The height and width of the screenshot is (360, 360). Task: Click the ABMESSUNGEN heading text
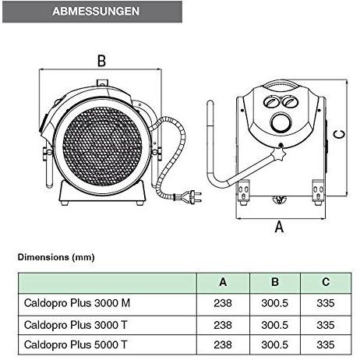96,11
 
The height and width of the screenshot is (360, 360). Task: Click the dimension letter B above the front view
101,61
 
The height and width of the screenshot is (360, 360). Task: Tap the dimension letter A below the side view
279,227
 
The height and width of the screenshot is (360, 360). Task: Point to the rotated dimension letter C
339,134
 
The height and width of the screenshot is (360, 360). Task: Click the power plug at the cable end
192,196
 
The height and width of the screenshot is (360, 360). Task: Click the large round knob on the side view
281,123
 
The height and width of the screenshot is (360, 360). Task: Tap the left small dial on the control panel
271,101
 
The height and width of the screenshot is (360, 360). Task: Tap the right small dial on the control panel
289,101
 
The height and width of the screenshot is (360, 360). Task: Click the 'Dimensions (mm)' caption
56,257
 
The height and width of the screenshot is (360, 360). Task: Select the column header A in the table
223,282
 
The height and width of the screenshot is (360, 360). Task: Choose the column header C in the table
326,282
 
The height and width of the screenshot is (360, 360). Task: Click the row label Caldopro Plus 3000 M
77,303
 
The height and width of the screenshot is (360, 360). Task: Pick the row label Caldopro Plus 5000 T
76,344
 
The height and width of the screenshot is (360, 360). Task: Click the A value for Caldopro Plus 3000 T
223,325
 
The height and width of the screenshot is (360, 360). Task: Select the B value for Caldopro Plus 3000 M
274,303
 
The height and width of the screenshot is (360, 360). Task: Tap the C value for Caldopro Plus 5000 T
326,344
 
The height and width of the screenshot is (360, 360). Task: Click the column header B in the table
275,282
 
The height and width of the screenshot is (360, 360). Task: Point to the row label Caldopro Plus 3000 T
76,325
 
